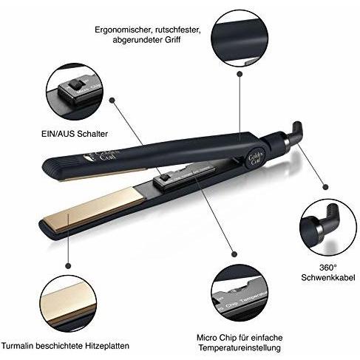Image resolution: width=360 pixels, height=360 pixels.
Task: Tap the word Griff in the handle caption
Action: pos(172,39)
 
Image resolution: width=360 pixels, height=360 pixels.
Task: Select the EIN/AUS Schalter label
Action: pos(75,134)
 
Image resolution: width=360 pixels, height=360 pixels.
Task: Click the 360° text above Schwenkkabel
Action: pos(327,268)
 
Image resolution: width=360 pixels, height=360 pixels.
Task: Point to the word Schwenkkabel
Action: pos(328,277)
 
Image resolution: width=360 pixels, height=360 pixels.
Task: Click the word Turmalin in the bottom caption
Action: pos(17,345)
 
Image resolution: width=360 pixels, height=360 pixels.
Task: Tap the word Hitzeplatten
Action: pos(107,345)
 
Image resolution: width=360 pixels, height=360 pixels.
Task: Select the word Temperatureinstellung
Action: pos(240,348)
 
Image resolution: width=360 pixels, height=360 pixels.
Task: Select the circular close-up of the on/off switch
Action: pos(75,92)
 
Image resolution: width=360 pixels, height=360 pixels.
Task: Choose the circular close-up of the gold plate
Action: pos(68,304)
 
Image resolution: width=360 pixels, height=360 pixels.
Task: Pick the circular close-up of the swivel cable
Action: pos(328,227)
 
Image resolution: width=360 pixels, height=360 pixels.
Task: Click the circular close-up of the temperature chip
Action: pos(240,293)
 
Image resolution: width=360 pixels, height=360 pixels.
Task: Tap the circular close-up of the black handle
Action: pos(240,38)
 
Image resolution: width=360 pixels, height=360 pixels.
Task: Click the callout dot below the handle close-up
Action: pos(240,74)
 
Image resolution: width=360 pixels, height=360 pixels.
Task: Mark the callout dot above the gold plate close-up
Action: pos(68,265)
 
